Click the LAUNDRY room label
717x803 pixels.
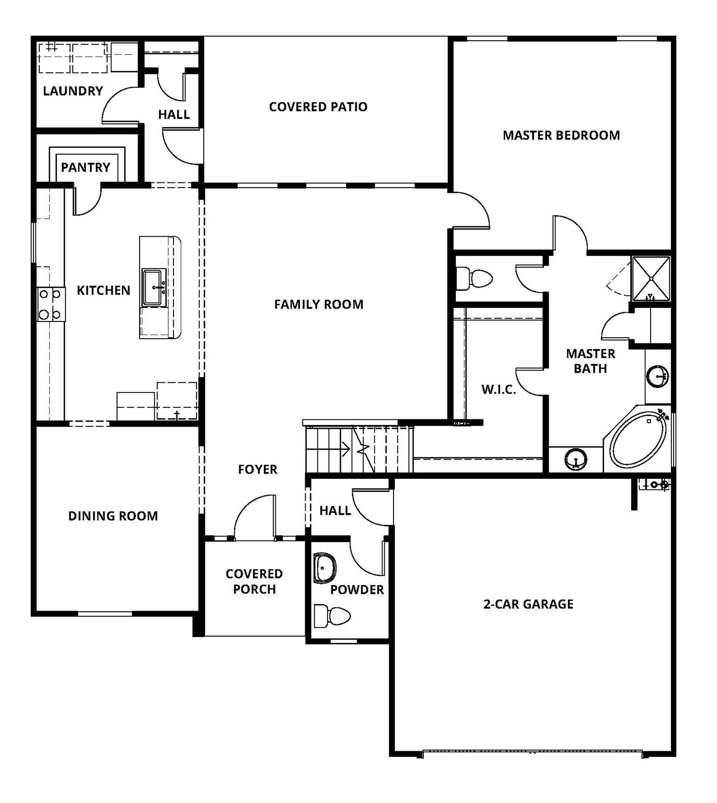[x=73, y=91]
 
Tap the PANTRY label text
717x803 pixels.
[x=86, y=167]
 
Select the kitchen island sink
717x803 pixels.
[x=154, y=287]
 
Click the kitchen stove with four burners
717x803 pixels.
[x=51, y=304]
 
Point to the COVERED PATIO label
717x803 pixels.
[x=318, y=107]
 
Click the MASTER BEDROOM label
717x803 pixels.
[x=561, y=135]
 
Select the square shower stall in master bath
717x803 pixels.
[x=651, y=279]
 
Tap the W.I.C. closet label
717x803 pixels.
[x=498, y=389]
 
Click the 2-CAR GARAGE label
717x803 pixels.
[x=528, y=604]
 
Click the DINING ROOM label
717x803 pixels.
[x=113, y=516]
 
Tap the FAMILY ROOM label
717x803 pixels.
[x=318, y=304]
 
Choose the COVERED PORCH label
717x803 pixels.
[x=254, y=581]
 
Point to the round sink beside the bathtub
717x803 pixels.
[x=575, y=460]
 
